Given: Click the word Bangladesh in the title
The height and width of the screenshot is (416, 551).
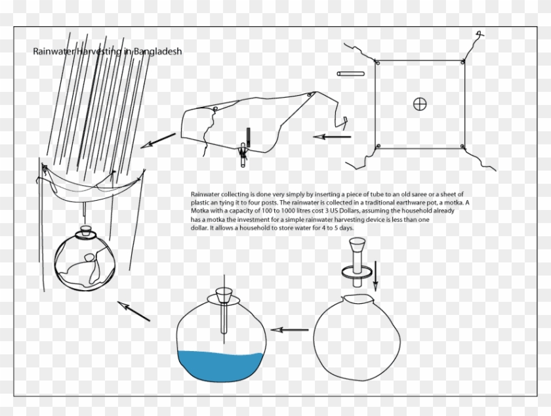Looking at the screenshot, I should [157, 51].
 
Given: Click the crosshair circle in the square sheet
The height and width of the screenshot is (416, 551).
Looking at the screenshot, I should [420, 103].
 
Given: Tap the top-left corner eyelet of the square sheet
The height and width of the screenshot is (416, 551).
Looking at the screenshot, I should [377, 63].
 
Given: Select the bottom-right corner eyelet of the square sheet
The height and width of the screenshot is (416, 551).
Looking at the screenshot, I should [462, 145].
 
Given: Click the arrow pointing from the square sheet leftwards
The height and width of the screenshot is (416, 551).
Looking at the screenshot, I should [333, 137].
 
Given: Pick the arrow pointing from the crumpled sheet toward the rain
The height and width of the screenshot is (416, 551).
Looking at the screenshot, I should [159, 139].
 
